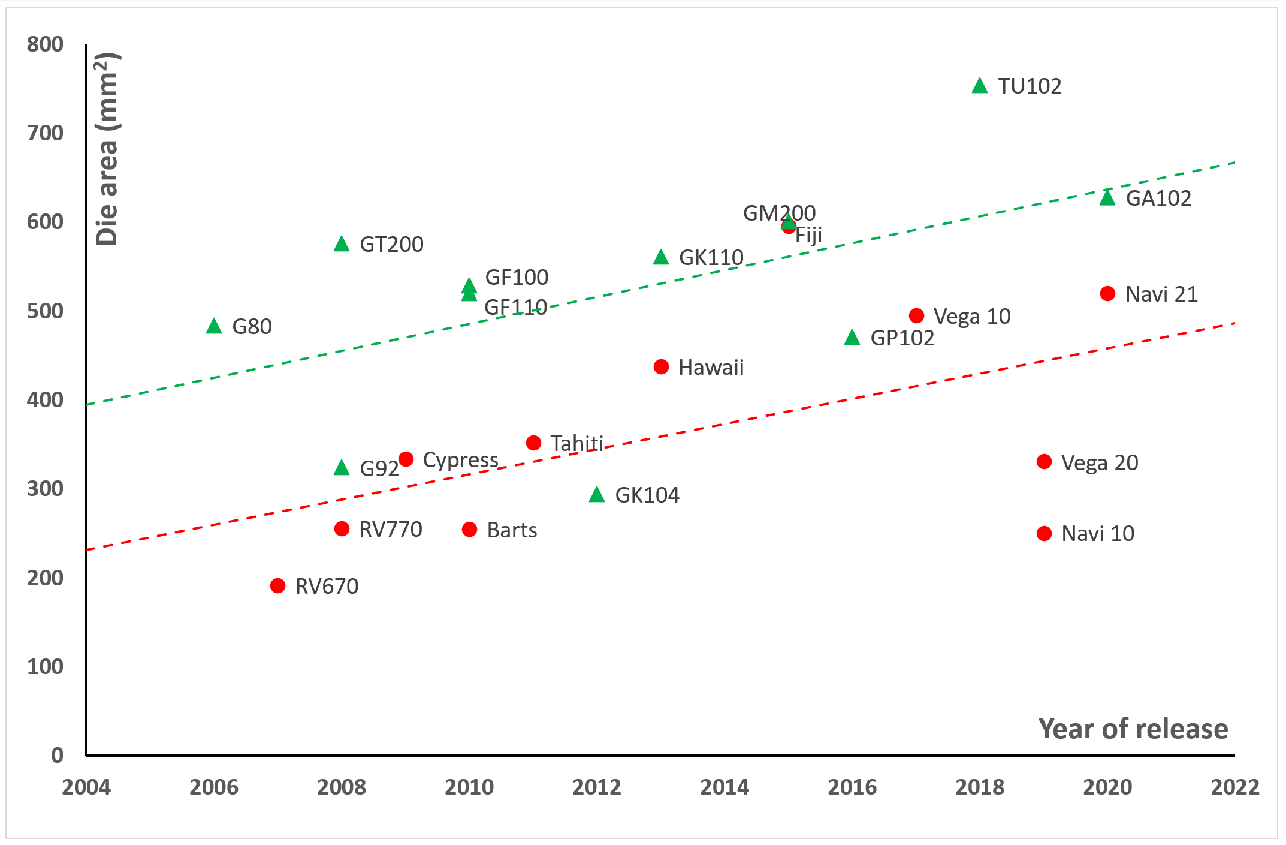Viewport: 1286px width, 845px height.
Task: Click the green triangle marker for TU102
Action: (980, 86)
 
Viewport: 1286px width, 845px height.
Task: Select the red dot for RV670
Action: (277, 585)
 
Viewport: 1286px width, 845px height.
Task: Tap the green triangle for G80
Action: (214, 326)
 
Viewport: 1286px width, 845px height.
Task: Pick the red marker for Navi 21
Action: (1107, 294)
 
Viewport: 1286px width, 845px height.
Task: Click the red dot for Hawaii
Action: (661, 367)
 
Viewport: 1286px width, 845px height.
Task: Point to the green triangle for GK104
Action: (597, 495)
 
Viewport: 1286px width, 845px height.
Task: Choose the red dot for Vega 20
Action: (1044, 462)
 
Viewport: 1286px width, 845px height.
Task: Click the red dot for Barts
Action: (470, 530)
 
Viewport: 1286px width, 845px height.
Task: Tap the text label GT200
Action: (391, 245)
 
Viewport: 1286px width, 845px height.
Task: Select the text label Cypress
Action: (460, 460)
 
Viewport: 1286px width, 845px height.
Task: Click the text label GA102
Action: (1158, 199)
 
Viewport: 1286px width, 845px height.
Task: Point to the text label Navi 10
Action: (1098, 534)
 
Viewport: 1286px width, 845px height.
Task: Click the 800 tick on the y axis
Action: (45, 44)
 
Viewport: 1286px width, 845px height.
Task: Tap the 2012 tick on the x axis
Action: (597, 787)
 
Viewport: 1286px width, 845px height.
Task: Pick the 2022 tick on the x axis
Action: (1235, 787)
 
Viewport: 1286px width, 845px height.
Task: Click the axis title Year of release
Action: (1133, 729)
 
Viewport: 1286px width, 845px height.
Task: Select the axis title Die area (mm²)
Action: (108, 149)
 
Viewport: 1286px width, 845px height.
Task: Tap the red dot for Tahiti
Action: (533, 443)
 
